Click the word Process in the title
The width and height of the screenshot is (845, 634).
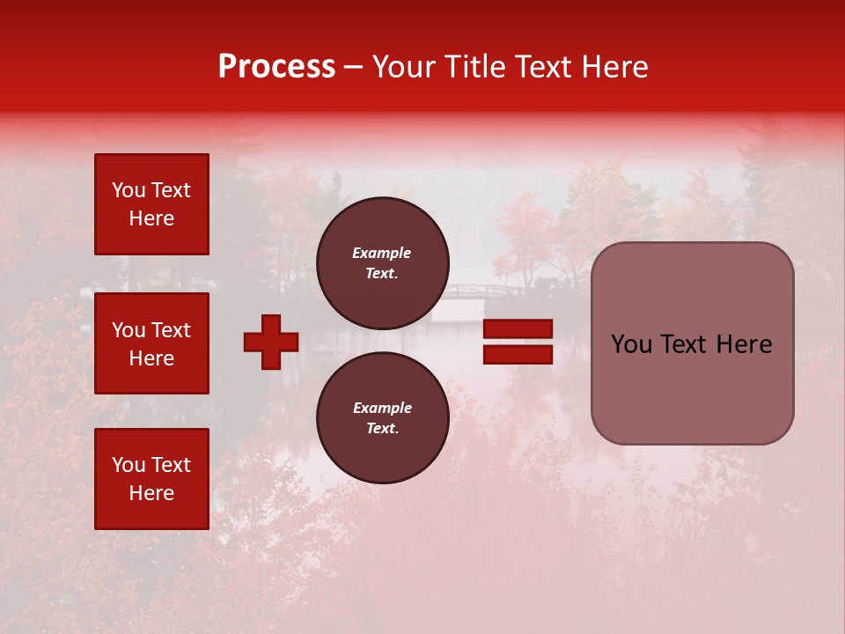tap(276, 66)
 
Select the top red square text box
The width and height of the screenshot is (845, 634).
tap(151, 204)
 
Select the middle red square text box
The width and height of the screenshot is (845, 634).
tap(151, 343)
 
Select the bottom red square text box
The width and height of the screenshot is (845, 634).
tap(151, 479)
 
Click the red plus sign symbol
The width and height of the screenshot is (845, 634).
tap(271, 342)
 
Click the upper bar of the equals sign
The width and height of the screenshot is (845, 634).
tap(518, 329)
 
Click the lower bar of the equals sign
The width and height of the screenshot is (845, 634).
tap(518, 354)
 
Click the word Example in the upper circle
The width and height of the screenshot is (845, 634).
tap(382, 253)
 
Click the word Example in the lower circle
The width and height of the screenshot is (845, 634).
tap(382, 408)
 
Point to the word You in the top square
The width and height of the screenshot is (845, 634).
tap(129, 190)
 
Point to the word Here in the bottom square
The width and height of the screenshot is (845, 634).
tap(151, 493)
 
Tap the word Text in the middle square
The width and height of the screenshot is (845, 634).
tap(171, 330)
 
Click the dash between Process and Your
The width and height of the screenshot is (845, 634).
tap(354, 68)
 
